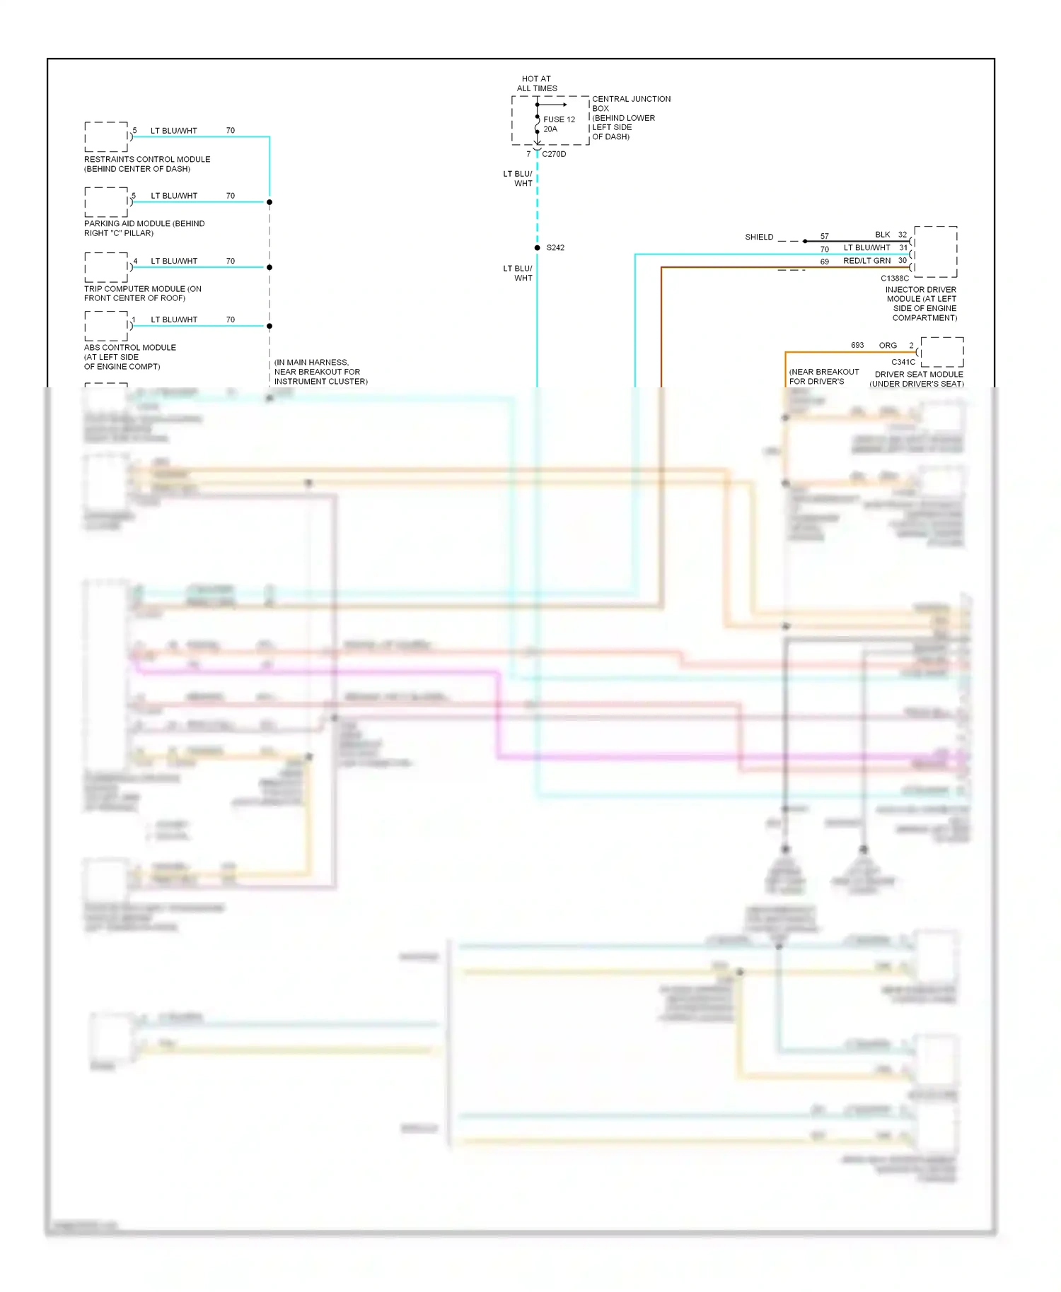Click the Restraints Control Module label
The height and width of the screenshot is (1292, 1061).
(146, 164)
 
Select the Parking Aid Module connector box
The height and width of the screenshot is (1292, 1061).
(106, 202)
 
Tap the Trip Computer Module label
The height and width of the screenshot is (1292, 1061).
(142, 293)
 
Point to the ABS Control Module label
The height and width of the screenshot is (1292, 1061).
(129, 357)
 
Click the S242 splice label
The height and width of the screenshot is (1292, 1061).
(555, 248)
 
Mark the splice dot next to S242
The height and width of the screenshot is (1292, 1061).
(538, 248)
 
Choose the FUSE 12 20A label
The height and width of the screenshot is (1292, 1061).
(559, 124)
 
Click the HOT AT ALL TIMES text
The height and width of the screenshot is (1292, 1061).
(537, 83)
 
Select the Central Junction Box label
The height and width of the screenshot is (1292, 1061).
(630, 117)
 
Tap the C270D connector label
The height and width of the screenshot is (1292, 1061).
(554, 154)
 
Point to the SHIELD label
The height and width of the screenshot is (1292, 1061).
(759, 237)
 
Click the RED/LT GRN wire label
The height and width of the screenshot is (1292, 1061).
(866, 261)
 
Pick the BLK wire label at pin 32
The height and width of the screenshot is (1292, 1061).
(882, 235)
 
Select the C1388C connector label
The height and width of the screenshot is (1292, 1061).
(895, 278)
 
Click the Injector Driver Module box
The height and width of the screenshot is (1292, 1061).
(935, 252)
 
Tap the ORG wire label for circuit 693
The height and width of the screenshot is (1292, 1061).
(888, 346)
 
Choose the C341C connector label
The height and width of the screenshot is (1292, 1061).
(903, 362)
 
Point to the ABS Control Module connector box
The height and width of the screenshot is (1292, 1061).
(106, 326)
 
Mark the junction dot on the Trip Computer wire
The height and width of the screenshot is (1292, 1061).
(269, 267)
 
